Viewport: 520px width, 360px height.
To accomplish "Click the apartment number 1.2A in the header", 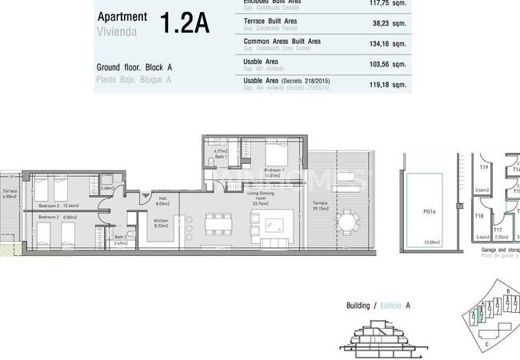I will pyautogui.click(x=185, y=23).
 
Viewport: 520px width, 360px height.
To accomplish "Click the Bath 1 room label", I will pyautogui.click(x=220, y=157).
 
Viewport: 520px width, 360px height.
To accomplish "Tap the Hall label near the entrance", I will pyautogui.click(x=162, y=198).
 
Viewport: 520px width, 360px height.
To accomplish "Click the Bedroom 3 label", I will pyautogui.click(x=50, y=206).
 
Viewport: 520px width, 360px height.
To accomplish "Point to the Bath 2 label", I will pyautogui.click(x=120, y=237).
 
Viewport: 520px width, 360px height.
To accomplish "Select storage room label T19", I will pyautogui.click(x=484, y=167).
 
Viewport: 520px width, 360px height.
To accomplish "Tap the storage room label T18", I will pyautogui.click(x=479, y=216).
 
